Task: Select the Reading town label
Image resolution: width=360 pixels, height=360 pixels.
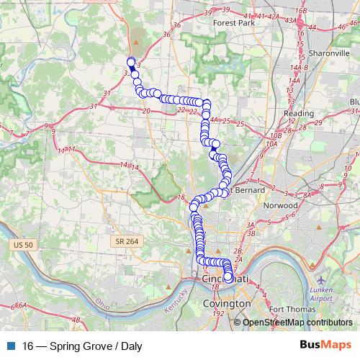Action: (299, 114)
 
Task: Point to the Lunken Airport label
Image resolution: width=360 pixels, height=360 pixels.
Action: (322, 293)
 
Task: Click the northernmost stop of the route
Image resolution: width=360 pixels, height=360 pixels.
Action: (131, 61)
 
